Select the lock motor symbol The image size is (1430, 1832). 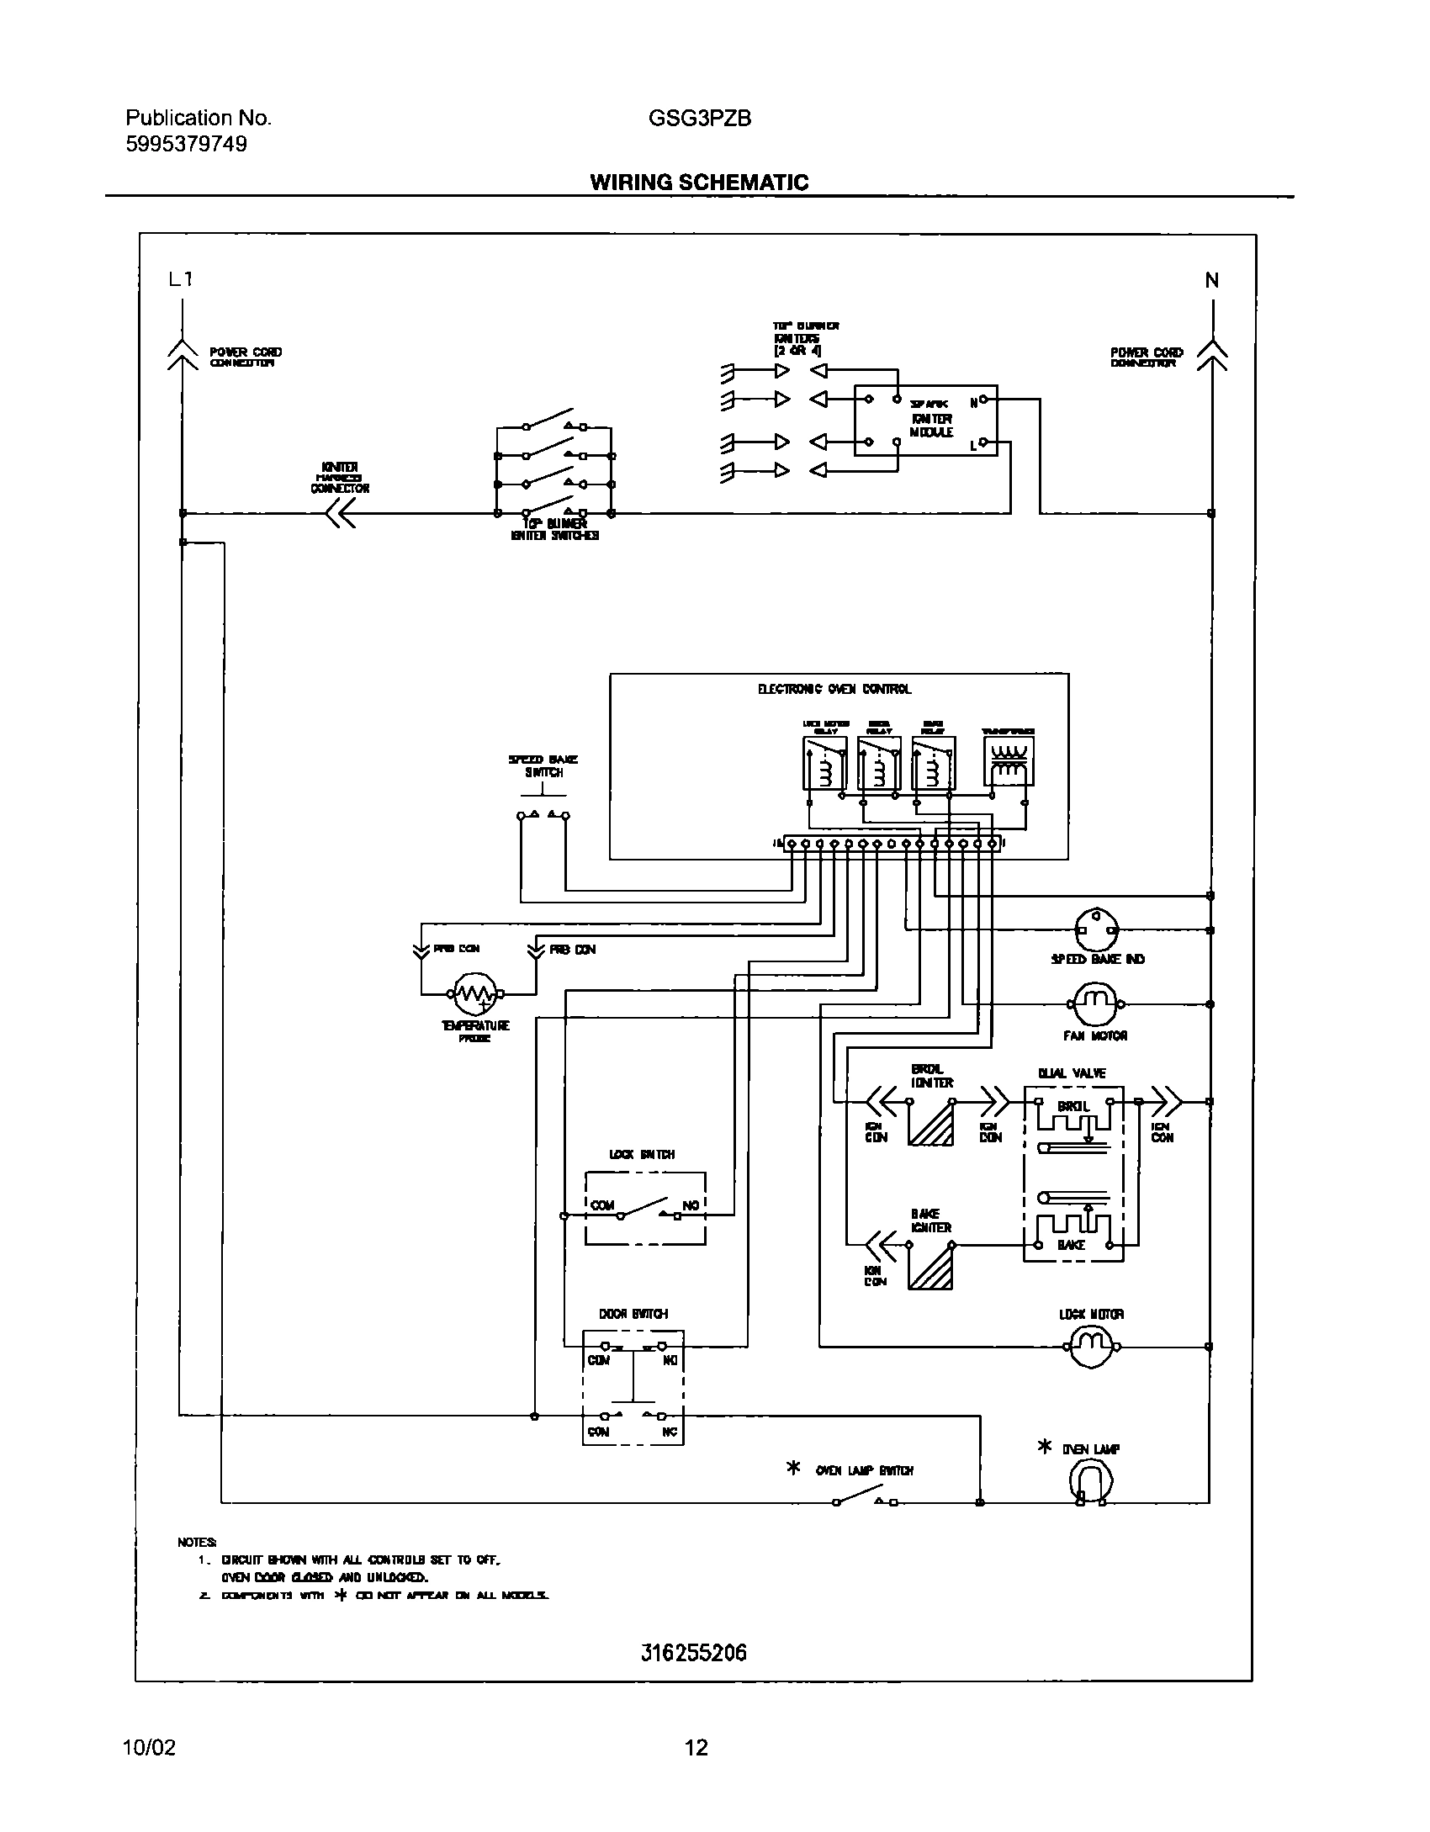coord(1091,1347)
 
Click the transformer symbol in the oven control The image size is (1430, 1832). coord(1008,761)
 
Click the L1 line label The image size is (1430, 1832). coord(181,279)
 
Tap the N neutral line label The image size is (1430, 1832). coord(1212,281)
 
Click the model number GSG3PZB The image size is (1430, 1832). coord(700,119)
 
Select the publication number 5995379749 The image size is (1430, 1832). coord(187,145)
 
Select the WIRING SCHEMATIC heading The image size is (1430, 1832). coord(699,183)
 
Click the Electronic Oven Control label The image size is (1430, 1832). coord(834,689)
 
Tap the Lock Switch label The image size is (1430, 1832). coord(642,1155)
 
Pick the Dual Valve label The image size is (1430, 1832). coord(1072,1073)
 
